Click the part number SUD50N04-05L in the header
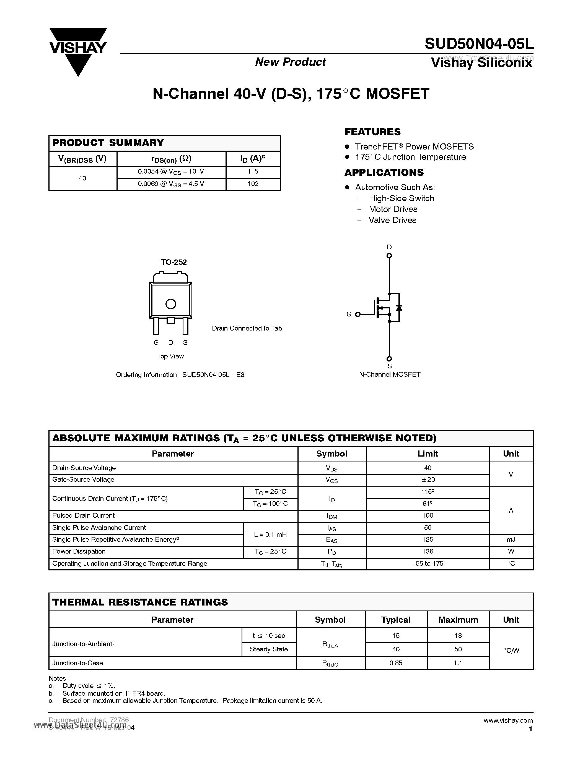(479, 44)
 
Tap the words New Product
(291, 62)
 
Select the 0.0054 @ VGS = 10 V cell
(171, 172)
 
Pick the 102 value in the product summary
(253, 184)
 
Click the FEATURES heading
(372, 132)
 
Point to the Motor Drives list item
(393, 209)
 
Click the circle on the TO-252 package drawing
(171, 304)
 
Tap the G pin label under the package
(156, 342)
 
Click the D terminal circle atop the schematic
(389, 256)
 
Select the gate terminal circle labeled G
(358, 314)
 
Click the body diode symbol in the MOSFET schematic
(399, 308)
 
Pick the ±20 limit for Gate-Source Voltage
(428, 480)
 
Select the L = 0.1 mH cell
(270, 534)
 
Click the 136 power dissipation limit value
(428, 552)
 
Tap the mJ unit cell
(511, 540)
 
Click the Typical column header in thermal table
(396, 620)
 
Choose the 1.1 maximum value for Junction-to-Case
(458, 663)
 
